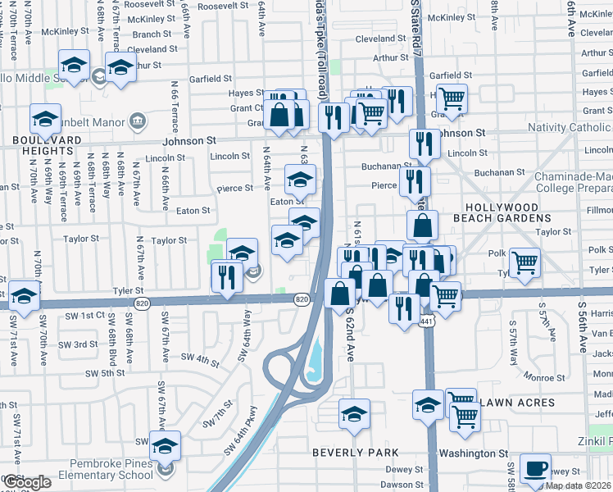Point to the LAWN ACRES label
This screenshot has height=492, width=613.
pos(518,403)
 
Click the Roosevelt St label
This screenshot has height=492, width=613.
pos(206,5)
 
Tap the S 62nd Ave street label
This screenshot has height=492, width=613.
pos(350,335)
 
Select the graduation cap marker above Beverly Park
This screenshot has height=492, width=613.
pos(354,412)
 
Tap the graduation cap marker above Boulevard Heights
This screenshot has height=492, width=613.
pos(45,118)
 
